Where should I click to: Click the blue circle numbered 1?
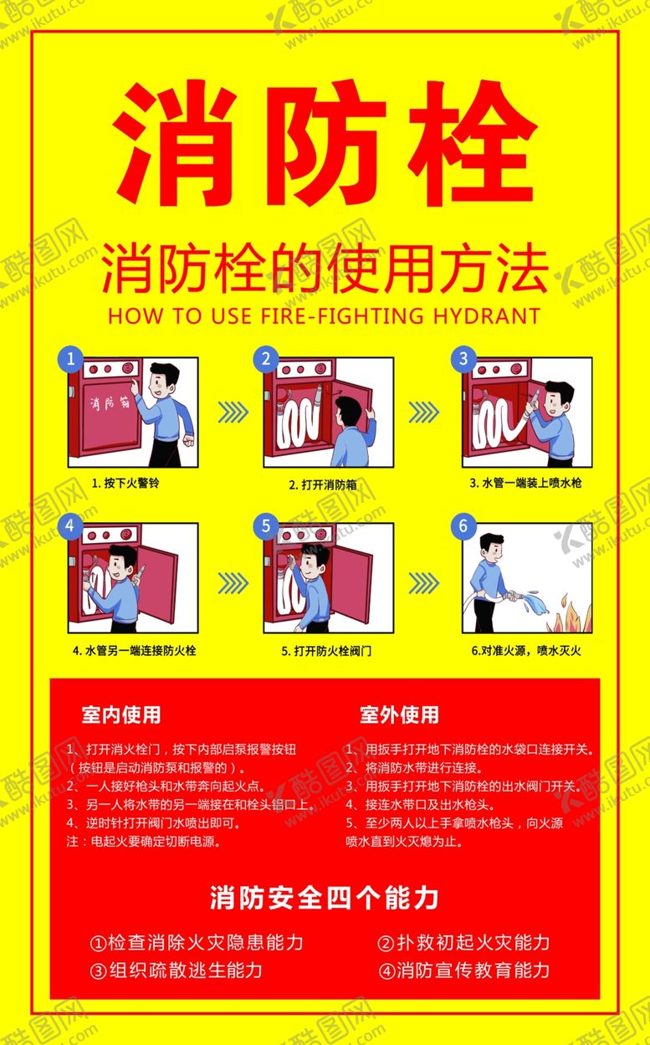(x=70, y=358)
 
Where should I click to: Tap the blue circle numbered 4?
(x=70, y=525)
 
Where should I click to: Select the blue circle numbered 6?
(x=463, y=525)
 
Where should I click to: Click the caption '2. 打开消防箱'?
(x=323, y=484)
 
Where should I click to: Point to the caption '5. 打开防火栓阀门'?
(x=326, y=651)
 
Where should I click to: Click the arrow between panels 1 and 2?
(x=233, y=412)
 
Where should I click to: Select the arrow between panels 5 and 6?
(x=423, y=583)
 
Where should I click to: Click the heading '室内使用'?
(x=120, y=715)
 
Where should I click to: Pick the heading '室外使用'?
(x=399, y=715)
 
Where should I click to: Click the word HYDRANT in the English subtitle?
(x=487, y=315)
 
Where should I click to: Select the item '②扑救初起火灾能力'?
(x=463, y=942)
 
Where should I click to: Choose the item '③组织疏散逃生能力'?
(x=176, y=971)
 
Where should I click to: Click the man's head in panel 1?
(x=163, y=380)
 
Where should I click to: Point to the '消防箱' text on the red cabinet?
(x=110, y=402)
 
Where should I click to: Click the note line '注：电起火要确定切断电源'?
(x=144, y=841)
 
